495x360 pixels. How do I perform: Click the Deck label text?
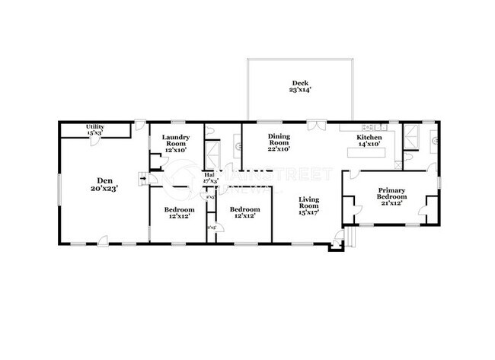(x=299, y=83)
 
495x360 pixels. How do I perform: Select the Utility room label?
(x=94, y=127)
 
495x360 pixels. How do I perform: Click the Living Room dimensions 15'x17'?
(x=308, y=213)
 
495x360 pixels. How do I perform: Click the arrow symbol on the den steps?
(x=142, y=180)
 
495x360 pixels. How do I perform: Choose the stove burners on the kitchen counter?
(x=370, y=126)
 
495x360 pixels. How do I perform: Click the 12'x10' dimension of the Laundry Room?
(x=176, y=150)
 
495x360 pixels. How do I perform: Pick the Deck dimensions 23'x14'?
(x=299, y=91)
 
